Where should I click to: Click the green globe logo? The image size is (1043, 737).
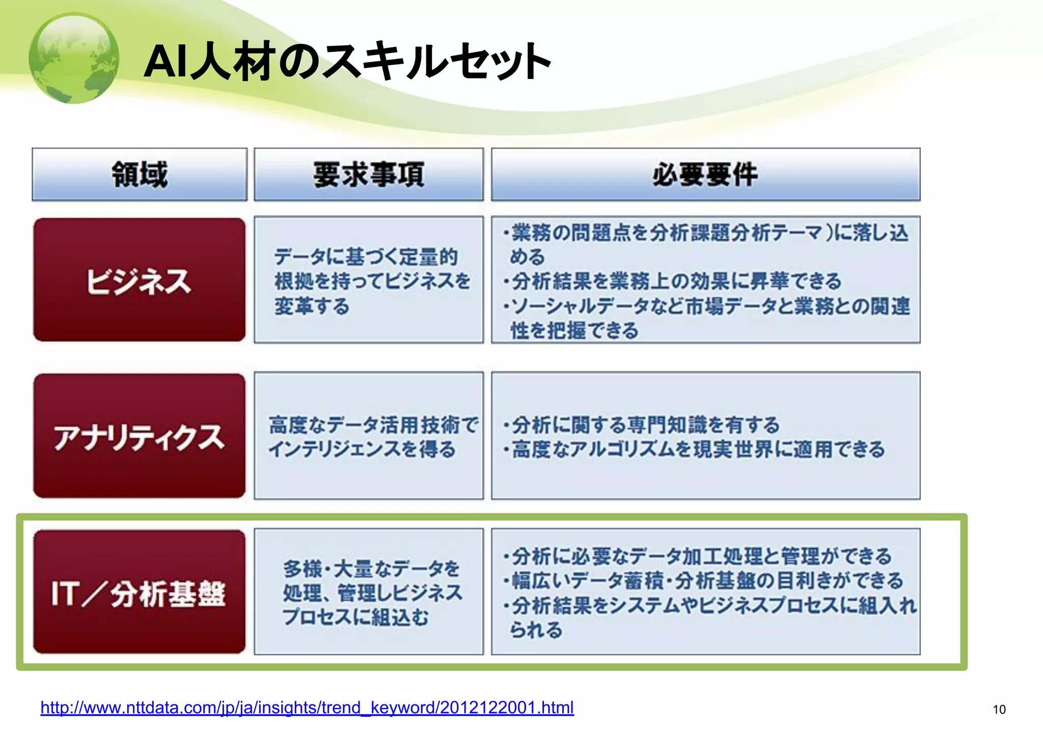[74, 58]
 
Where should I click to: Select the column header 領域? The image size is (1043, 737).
[140, 174]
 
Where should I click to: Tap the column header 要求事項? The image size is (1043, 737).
[368, 174]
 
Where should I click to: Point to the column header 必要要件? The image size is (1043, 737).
[705, 174]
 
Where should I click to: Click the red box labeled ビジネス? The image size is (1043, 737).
[139, 280]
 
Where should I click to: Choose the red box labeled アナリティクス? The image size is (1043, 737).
[139, 436]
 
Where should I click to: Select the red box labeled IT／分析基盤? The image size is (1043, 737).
[139, 592]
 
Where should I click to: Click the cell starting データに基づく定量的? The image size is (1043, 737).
[368, 281]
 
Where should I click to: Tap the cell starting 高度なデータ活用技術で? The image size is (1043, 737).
[368, 436]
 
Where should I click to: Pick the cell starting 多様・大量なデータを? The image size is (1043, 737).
[368, 592]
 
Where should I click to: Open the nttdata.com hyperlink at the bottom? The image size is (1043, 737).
[307, 707]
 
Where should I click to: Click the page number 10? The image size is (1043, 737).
[999, 709]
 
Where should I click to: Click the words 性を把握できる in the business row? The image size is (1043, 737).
[574, 331]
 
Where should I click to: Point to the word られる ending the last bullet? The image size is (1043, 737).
[536, 630]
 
